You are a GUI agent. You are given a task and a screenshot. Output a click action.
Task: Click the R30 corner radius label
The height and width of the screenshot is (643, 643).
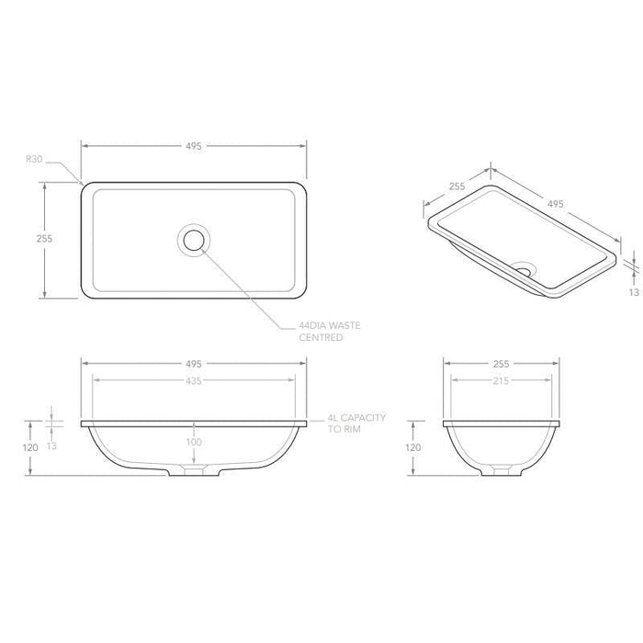coord(35,158)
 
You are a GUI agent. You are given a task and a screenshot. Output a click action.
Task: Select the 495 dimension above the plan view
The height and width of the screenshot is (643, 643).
coord(193,146)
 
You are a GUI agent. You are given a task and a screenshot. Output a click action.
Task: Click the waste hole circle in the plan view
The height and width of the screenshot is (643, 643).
coord(194,239)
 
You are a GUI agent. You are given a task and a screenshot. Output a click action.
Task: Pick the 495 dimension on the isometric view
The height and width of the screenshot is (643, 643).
coord(555,204)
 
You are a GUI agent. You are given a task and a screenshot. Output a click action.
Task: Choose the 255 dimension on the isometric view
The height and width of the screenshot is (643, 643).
coord(457,186)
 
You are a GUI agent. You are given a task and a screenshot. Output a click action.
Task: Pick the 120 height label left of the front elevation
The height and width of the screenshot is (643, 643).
coord(29,447)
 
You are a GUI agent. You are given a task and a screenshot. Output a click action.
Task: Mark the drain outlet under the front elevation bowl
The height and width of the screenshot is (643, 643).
coord(194,470)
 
